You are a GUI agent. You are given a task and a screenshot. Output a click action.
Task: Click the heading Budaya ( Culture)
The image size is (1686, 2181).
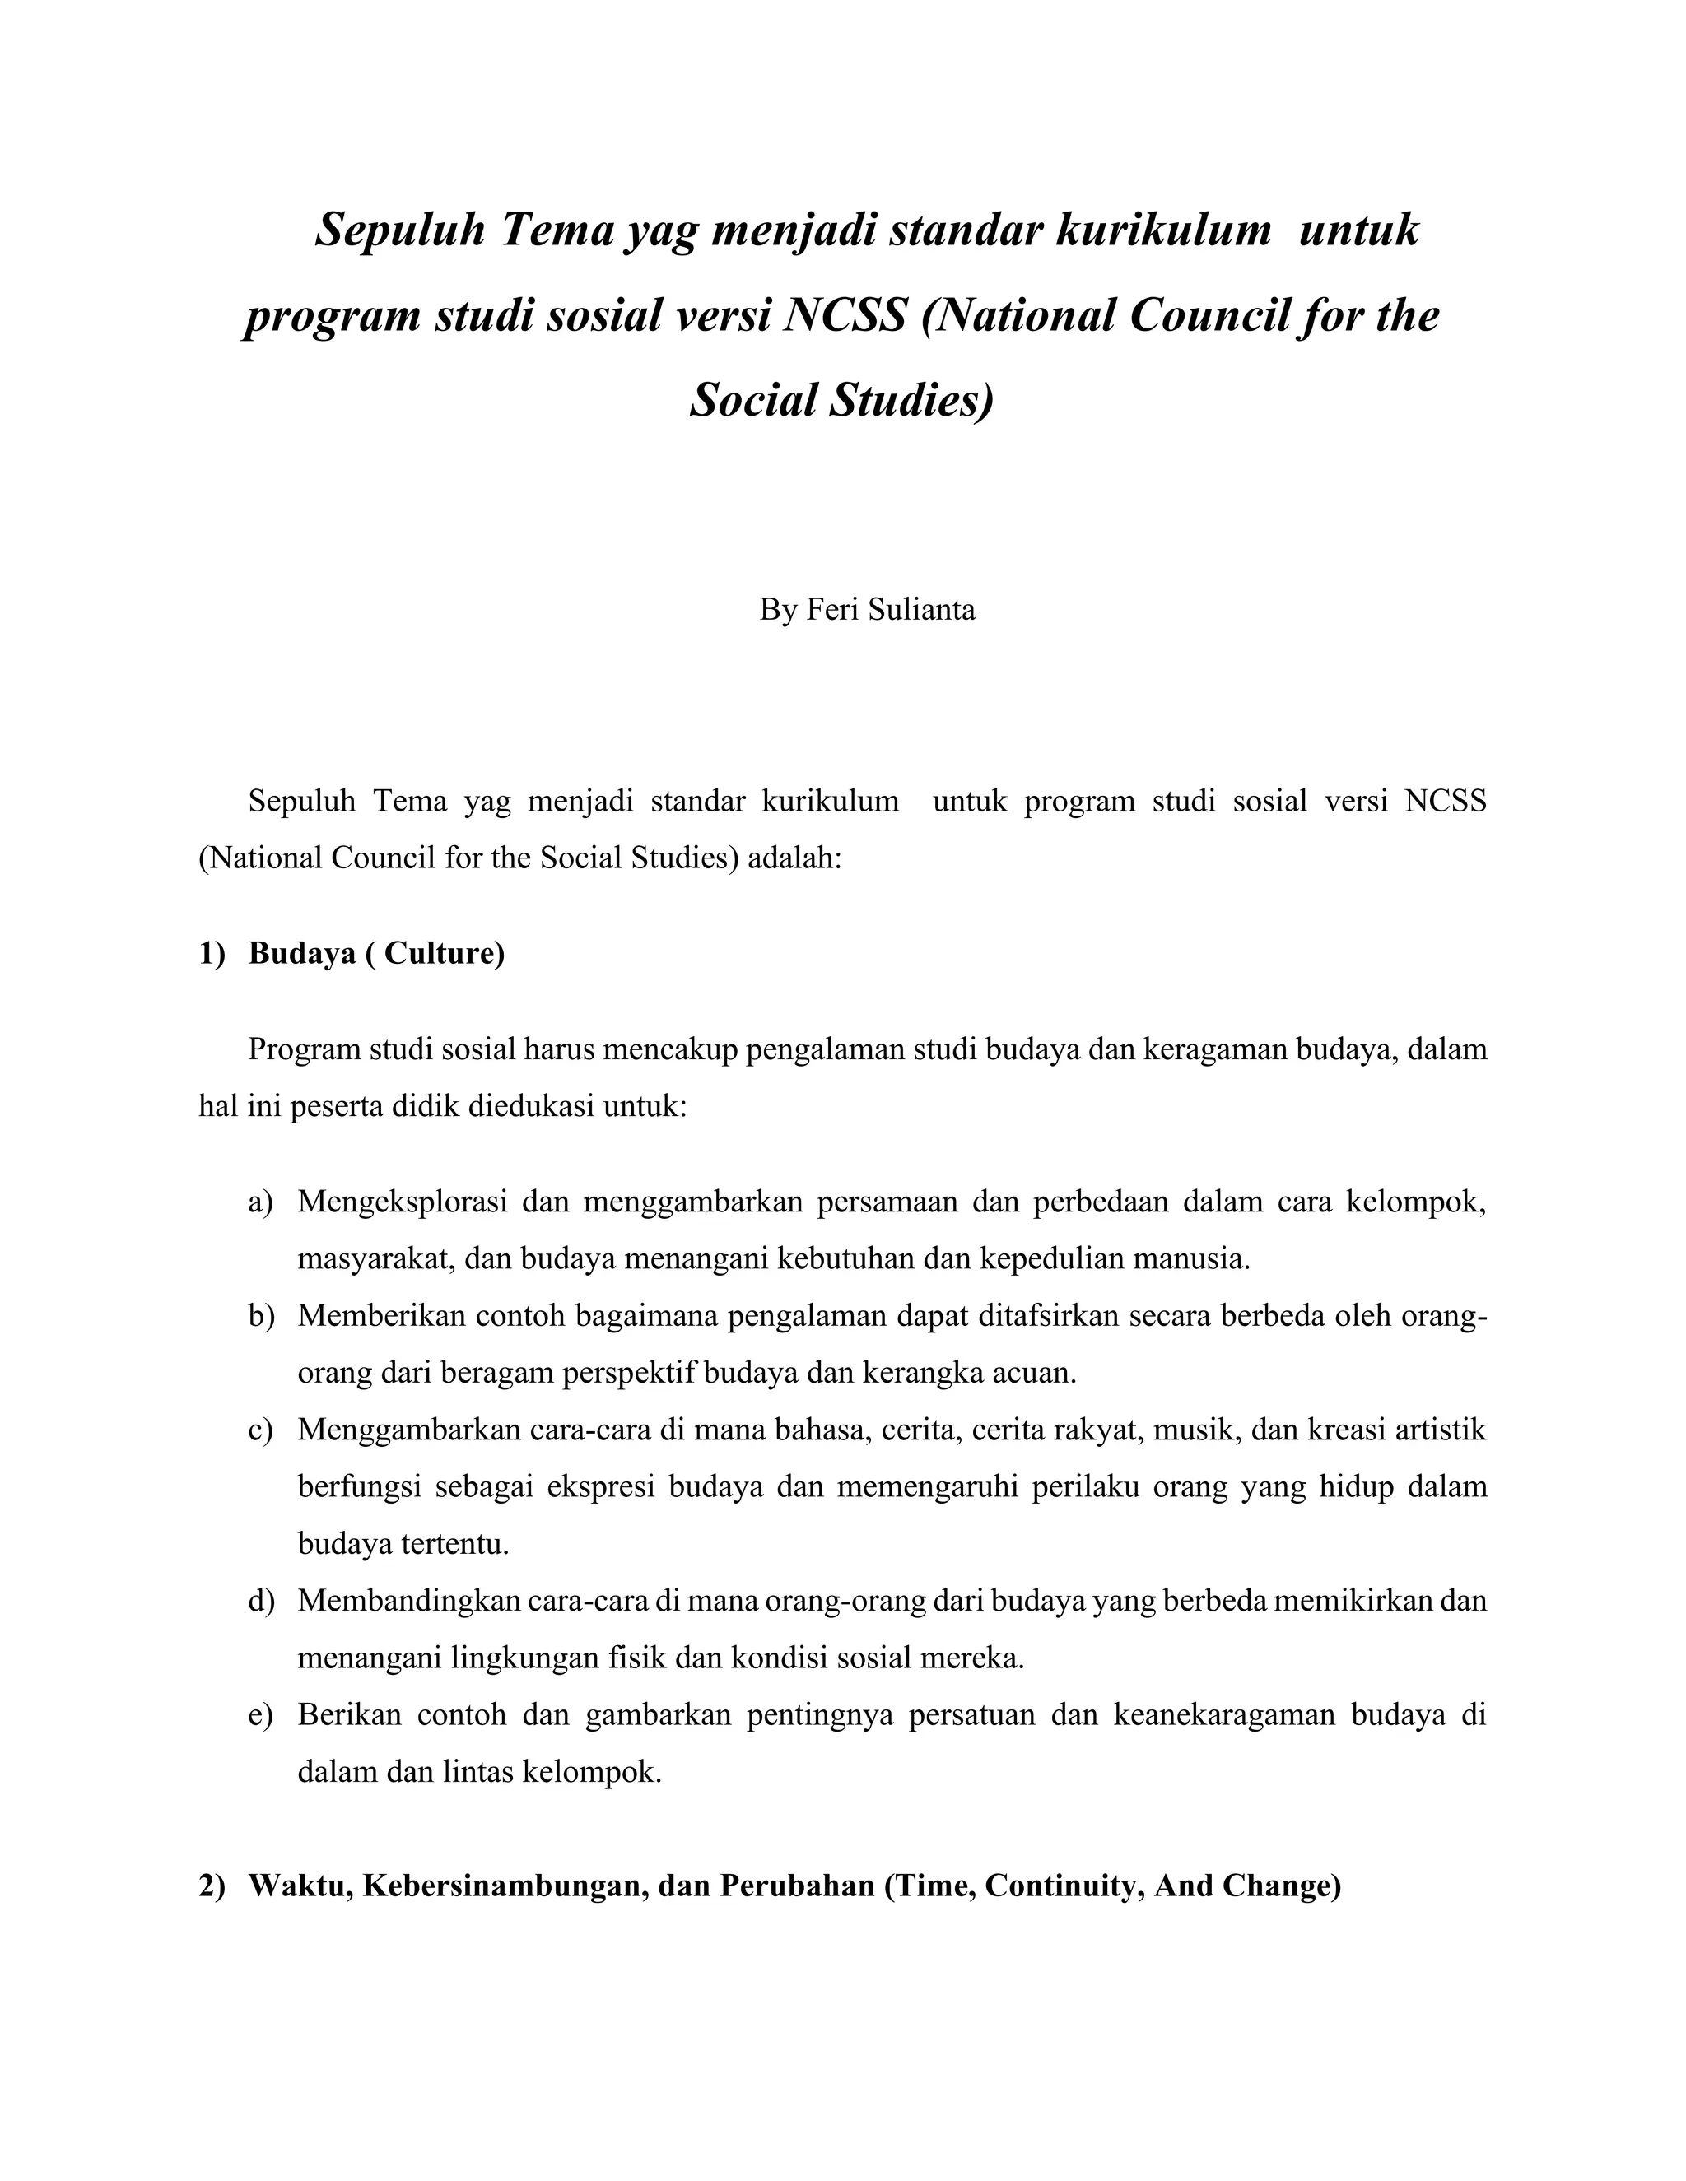tap(376, 954)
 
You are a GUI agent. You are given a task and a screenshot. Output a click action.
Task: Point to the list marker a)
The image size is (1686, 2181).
tap(261, 1202)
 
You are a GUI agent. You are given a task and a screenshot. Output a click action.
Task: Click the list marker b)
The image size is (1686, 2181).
tap(261, 1316)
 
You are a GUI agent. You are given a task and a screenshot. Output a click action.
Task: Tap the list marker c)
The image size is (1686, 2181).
tap(261, 1430)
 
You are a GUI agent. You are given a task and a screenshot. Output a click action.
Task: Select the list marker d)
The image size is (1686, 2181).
tap(261, 1601)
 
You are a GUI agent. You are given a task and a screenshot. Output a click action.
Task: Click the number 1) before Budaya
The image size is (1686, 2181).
tap(212, 954)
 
